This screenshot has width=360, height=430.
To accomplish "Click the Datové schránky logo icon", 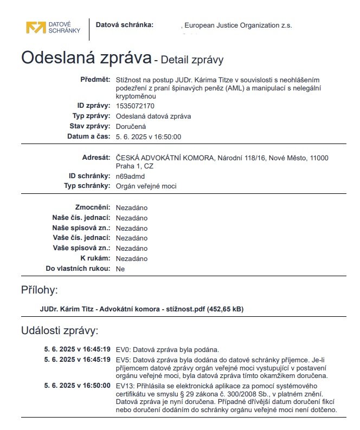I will tap(36, 28).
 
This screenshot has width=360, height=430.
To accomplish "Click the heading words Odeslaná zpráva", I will tap(85, 57).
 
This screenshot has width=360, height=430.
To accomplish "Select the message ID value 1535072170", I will tap(135, 106).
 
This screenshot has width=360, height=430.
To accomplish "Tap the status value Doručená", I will tap(131, 126).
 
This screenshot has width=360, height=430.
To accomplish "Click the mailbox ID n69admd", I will tap(130, 176).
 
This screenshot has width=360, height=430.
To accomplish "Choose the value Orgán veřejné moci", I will tap(146, 186).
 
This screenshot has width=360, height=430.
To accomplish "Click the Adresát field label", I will tap(95, 158).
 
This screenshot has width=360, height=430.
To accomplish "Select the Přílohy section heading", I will tap(39, 290).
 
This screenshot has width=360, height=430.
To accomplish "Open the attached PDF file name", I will tap(142, 309).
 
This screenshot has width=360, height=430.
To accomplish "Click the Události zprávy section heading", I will tap(60, 330).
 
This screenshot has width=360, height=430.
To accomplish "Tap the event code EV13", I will tap(125, 385).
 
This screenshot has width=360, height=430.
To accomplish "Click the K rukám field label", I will tap(95, 258).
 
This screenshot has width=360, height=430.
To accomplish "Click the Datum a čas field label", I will tap(88, 136).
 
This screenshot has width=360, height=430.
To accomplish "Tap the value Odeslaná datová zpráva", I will tap(153, 116).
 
